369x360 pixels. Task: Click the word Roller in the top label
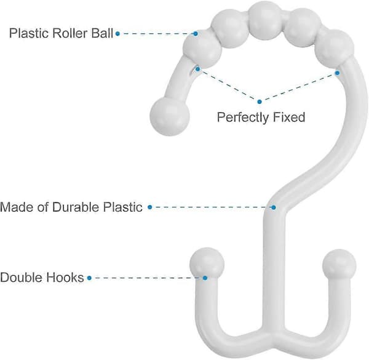[x=70, y=33]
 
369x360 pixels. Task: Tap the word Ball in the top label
[x=102, y=33]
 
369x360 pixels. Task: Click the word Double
[x=21, y=278]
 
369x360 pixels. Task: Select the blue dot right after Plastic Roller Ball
[x=117, y=34]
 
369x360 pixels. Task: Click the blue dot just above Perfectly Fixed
[x=260, y=102]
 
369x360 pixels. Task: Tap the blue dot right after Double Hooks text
[x=89, y=278]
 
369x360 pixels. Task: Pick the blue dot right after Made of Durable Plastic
[x=150, y=207]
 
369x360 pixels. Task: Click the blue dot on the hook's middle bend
[x=274, y=207]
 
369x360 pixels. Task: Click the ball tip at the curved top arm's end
[x=170, y=116]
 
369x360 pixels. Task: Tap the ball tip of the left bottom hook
[x=207, y=265]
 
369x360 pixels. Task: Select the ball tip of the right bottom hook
[x=339, y=265]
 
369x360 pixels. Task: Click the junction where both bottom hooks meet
[x=274, y=334]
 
